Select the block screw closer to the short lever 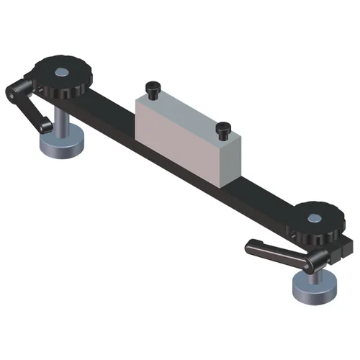click(x=152, y=88)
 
